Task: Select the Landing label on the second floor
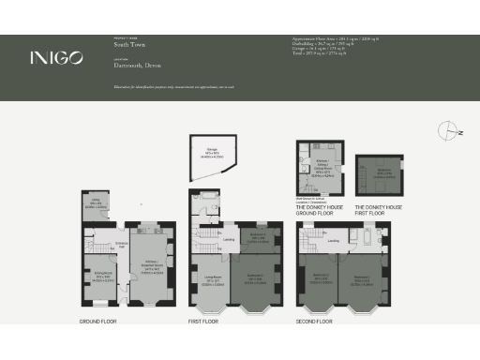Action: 335,242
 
